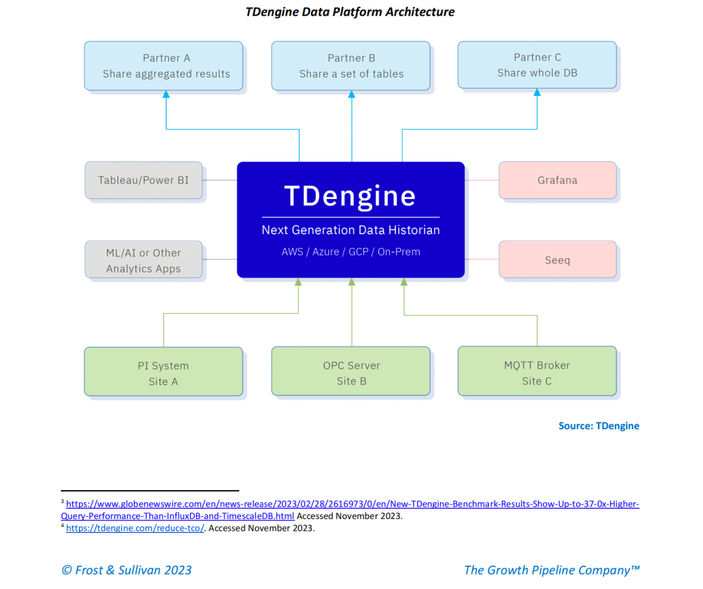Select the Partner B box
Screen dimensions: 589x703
(x=351, y=66)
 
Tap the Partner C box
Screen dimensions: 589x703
(x=537, y=65)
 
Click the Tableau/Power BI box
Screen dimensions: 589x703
(x=143, y=180)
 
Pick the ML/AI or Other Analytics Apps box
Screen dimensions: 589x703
(x=143, y=260)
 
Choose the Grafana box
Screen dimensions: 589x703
(x=557, y=180)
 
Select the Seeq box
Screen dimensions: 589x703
(x=557, y=260)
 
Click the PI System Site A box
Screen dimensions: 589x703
(x=163, y=373)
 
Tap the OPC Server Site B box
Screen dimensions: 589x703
(x=351, y=373)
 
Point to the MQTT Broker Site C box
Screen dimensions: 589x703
(x=537, y=372)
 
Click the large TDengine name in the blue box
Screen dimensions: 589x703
(x=350, y=196)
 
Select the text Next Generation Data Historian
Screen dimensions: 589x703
(x=350, y=230)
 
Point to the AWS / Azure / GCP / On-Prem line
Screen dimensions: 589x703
(x=350, y=252)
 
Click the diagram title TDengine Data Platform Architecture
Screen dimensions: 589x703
(x=350, y=12)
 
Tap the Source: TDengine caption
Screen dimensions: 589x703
(x=599, y=426)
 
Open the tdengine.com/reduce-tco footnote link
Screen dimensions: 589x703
(x=135, y=528)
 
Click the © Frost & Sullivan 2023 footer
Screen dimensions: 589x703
(x=127, y=570)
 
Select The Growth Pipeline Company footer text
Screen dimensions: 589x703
(x=552, y=570)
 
